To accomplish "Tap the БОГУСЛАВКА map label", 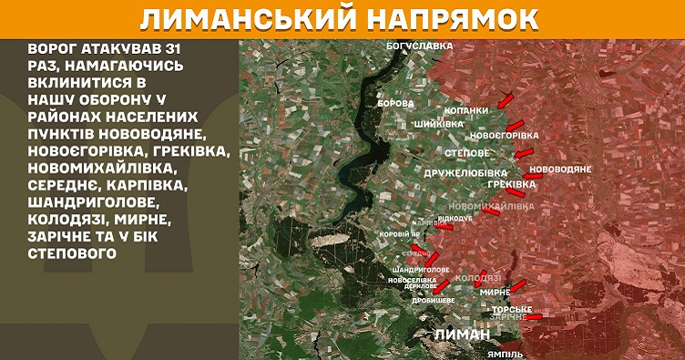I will tap(419, 45).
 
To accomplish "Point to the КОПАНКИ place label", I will tap(467, 111).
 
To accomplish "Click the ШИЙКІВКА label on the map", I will tap(440, 123).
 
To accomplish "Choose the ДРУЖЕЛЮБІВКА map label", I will tap(465, 171).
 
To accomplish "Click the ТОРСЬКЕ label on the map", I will tap(511, 310).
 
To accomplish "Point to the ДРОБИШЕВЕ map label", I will tap(434, 300).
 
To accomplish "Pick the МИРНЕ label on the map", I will tap(494, 292).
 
